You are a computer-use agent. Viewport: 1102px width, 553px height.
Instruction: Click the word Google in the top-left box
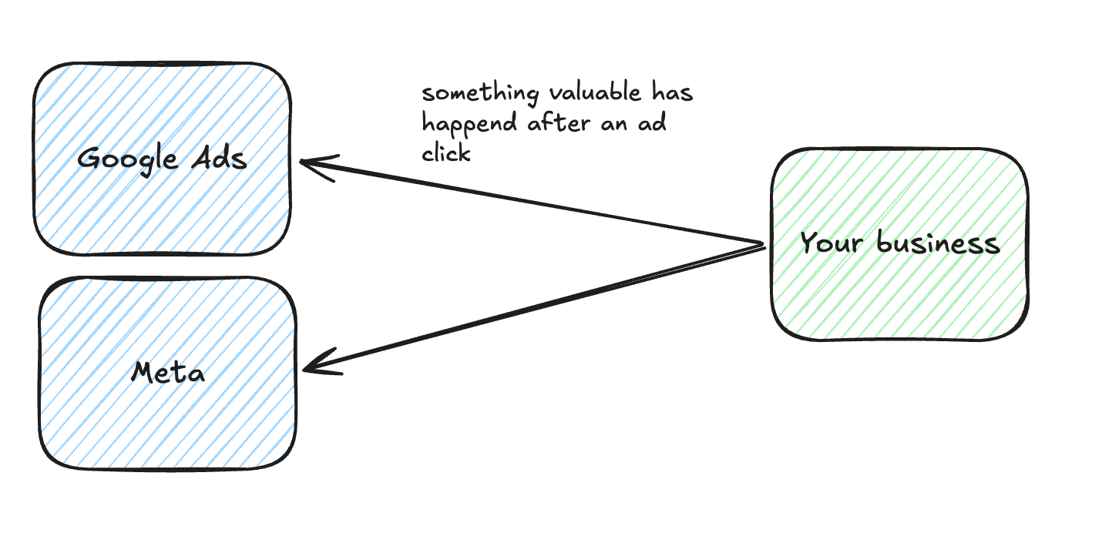pos(127,159)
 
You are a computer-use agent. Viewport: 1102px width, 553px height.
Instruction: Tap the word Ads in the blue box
pos(219,159)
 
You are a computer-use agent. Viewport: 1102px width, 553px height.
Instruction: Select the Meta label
pos(168,372)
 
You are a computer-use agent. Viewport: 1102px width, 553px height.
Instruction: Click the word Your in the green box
pos(831,242)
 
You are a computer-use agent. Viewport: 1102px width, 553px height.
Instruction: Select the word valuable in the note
pos(595,92)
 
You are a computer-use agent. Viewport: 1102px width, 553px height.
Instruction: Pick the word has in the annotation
pos(673,92)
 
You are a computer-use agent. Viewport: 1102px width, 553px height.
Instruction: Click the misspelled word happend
pos(470,123)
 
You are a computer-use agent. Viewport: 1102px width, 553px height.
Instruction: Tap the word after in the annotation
pos(559,122)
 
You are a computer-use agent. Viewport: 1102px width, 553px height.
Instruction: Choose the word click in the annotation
pos(446,152)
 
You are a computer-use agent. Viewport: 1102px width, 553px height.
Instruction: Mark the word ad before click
pos(653,122)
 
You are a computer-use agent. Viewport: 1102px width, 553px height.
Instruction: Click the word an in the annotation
pos(614,124)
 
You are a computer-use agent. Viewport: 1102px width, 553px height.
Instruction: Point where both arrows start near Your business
pos(764,245)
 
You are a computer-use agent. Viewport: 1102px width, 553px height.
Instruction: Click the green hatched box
pos(900,244)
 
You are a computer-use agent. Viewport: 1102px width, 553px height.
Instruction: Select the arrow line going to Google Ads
pos(531,202)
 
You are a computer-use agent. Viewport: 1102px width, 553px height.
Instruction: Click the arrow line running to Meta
pos(534,308)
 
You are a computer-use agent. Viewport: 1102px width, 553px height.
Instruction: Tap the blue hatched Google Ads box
pos(163,159)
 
